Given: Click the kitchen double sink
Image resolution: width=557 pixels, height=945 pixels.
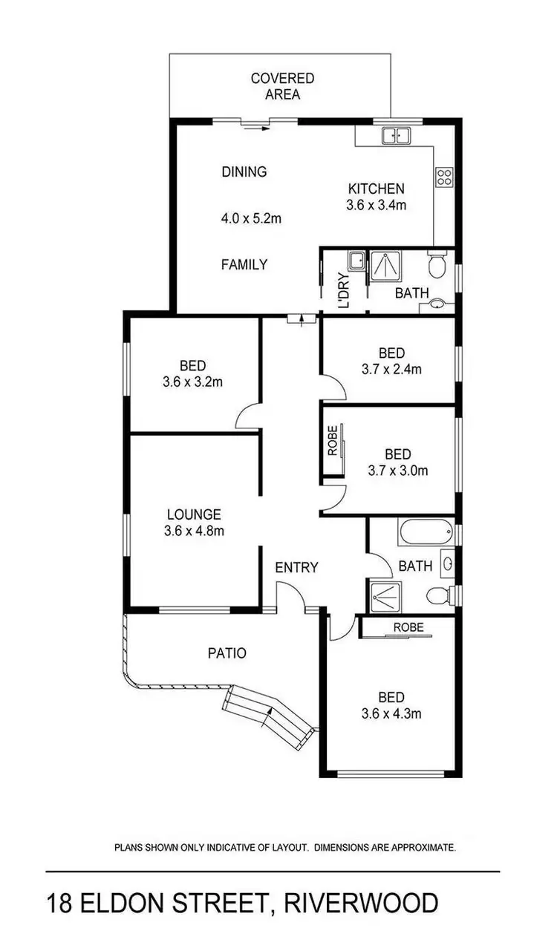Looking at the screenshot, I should tap(396, 136).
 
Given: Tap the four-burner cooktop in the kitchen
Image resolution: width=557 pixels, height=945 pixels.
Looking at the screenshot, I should tap(443, 177).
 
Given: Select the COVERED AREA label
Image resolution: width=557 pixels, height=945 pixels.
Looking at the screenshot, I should tap(282, 86).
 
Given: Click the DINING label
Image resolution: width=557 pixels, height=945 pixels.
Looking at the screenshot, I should tap(244, 171).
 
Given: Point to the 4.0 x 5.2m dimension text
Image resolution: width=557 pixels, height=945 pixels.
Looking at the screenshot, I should tap(251, 218).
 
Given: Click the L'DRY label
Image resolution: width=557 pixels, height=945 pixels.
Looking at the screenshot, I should tap(344, 293).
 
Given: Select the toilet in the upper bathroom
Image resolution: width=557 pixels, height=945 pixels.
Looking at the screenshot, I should tap(438, 264).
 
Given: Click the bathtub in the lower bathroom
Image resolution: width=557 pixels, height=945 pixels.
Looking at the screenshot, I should tap(426, 532).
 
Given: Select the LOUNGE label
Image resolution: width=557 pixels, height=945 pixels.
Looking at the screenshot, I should tap(194, 514).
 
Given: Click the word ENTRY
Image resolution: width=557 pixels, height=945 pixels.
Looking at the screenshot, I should tap(296, 567).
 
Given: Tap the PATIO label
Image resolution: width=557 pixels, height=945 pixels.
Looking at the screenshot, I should tap(227, 653).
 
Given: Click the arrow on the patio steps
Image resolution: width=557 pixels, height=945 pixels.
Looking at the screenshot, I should tap(268, 714).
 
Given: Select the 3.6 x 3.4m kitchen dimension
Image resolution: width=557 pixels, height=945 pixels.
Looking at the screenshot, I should tap(377, 206).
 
